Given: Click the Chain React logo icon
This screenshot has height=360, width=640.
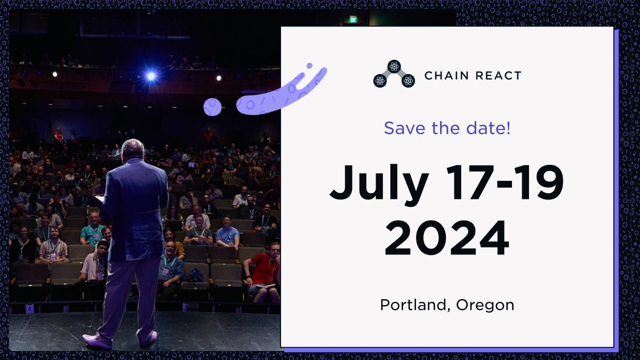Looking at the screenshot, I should click(x=394, y=74).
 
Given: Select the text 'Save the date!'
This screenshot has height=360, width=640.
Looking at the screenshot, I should click(x=447, y=128).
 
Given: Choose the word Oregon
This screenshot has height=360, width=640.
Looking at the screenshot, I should click(x=485, y=305).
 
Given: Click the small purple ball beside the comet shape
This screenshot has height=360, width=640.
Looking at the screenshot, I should click(x=212, y=107).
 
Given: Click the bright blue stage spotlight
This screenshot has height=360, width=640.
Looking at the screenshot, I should click(x=151, y=76).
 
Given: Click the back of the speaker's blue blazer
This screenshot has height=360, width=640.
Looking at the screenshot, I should click(x=139, y=208).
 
